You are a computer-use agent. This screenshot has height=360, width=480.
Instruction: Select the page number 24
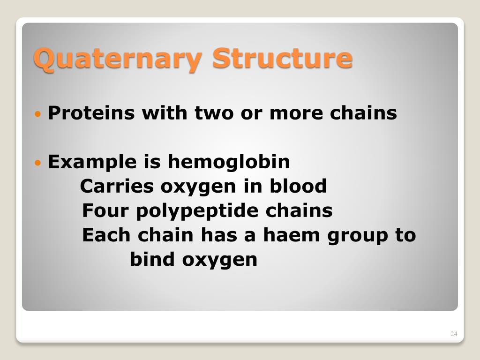tap(453, 334)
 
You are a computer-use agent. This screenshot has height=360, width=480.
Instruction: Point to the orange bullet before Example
tap(38, 163)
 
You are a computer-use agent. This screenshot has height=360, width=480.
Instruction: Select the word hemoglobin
tap(229, 162)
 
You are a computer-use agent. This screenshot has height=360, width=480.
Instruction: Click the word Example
tap(89, 162)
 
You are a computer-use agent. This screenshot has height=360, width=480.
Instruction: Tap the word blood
tap(298, 187)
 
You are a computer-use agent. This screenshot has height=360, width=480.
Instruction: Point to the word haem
tap(291, 235)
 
